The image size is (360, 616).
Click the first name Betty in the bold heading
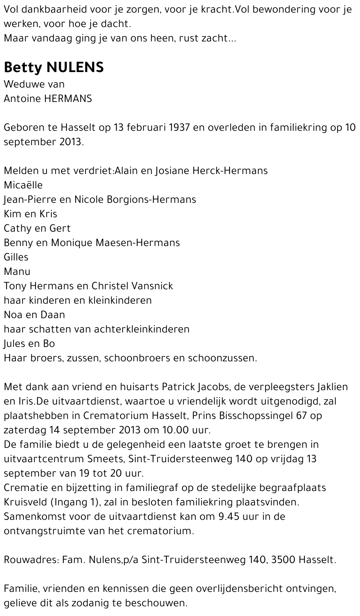click(x=22, y=67)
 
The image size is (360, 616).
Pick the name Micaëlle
click(x=23, y=185)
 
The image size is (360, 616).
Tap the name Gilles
click(x=16, y=257)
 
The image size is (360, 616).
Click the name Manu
click(x=17, y=272)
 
